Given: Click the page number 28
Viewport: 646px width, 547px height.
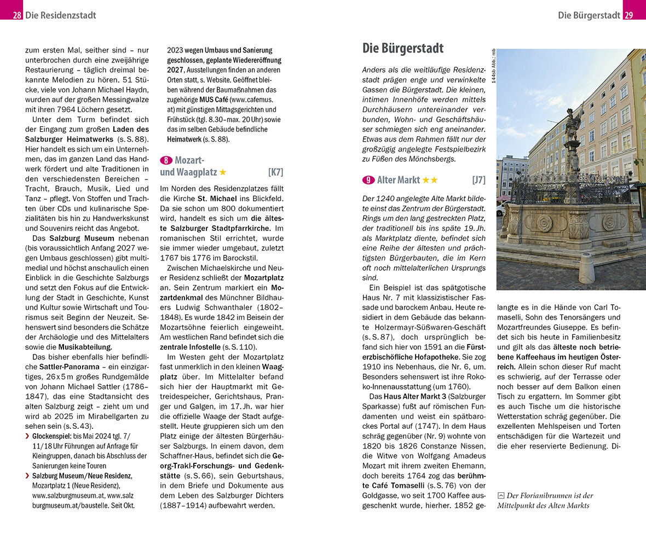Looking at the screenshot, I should (x=17, y=15).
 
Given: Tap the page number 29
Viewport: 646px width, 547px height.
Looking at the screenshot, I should (x=628, y=15).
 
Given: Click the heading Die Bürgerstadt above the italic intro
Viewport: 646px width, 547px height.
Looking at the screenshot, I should (x=403, y=48).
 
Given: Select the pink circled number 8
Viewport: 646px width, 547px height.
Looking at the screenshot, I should (x=166, y=160).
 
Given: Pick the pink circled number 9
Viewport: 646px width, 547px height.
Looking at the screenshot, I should (x=368, y=180).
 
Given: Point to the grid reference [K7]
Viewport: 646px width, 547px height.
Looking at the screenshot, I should (x=275, y=172).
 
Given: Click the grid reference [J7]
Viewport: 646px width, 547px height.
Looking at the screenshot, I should (x=478, y=180).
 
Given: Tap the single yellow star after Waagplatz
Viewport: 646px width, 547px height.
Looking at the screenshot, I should (x=223, y=172).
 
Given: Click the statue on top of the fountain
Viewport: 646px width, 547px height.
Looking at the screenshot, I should (x=572, y=125).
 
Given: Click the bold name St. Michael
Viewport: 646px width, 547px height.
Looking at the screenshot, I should (x=217, y=199).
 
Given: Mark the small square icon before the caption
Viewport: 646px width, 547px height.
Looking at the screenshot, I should (x=500, y=496).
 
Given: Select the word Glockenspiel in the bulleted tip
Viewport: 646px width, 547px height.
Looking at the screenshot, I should (x=49, y=436).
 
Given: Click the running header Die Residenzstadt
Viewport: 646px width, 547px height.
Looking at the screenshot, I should (x=60, y=15).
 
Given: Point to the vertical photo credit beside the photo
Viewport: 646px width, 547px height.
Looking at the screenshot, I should (x=493, y=66).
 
